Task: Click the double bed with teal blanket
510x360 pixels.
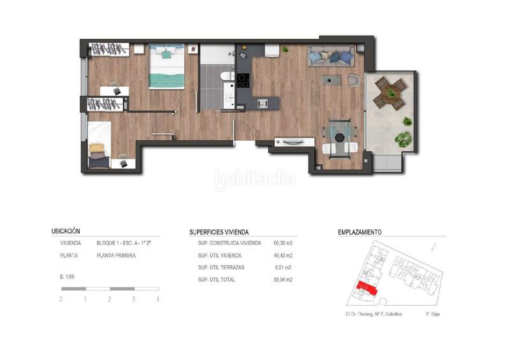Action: coord(166,66)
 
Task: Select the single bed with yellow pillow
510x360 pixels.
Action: coord(99,145)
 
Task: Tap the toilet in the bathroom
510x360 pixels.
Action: coord(227,76)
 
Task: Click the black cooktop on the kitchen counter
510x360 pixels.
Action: coord(243,81)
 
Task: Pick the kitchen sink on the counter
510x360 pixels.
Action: coord(263,103)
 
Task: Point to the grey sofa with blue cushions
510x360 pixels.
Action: coord(331,56)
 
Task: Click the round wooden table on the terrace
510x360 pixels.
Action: coord(390,92)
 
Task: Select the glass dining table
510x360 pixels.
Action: coord(340,138)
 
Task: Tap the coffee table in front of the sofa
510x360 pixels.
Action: coord(331,80)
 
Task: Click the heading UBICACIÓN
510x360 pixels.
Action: coord(66,231)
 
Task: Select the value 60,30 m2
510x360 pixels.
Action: coord(283,243)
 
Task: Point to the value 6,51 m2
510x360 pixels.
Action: coord(283,268)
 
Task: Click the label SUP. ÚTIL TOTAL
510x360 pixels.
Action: coord(216,280)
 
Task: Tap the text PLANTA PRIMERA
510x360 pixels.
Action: coord(116,256)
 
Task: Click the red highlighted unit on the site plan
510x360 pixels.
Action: coord(367,289)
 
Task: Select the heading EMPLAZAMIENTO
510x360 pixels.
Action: coord(360,232)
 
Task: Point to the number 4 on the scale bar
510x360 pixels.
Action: coord(157,299)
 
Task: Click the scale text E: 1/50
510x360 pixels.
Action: coord(67,277)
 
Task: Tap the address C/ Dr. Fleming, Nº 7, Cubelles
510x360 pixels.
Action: coord(374,314)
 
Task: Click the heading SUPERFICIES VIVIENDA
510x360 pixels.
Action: coord(219,232)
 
